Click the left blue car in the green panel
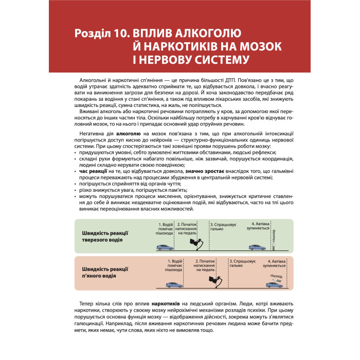(x=165, y=247)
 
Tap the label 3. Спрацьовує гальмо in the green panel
(x=223, y=227)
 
